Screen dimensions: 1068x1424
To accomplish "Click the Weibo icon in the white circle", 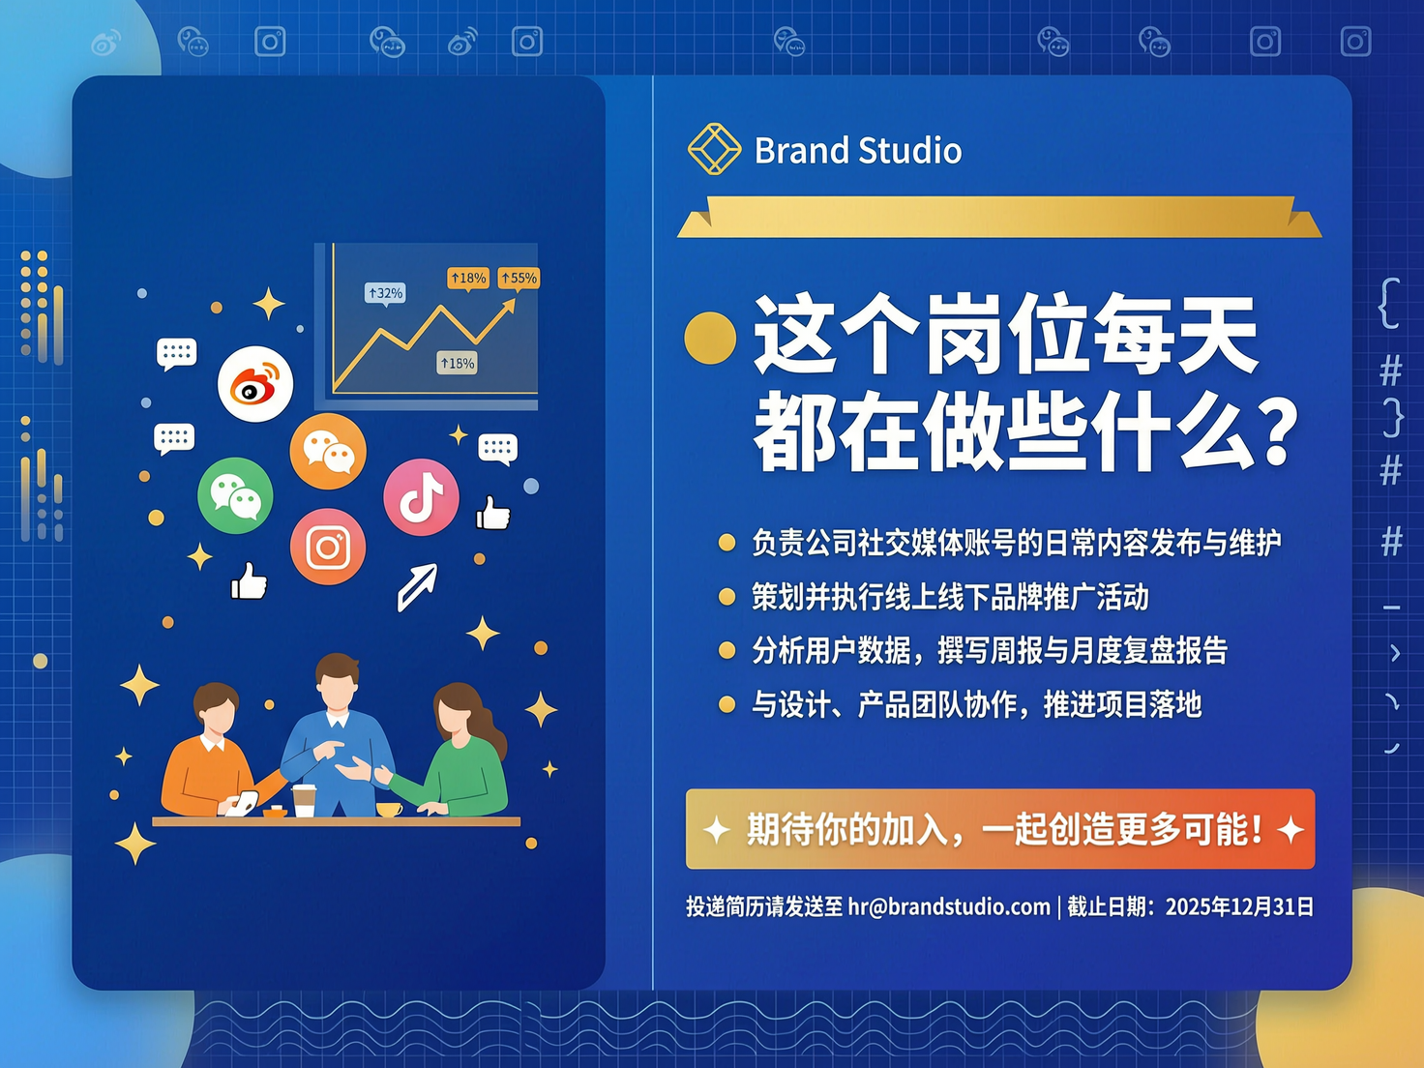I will click(255, 384).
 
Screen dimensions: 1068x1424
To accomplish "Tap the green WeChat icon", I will click(235, 496).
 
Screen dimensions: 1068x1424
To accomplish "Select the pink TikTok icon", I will click(421, 497).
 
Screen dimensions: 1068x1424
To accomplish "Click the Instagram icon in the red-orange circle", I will click(328, 548).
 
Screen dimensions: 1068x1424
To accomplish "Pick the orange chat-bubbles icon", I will click(328, 451).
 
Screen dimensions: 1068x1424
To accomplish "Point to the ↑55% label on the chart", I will click(519, 279).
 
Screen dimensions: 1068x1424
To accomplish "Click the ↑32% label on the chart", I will click(385, 292).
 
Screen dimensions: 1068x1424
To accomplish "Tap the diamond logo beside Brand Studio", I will click(714, 150).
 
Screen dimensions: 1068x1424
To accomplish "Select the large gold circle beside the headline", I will click(710, 338).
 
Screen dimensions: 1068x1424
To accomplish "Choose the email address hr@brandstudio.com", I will click(949, 907).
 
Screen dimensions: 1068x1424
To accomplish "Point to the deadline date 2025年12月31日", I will click(1239, 907).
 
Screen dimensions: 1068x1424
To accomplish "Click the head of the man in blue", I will click(337, 681).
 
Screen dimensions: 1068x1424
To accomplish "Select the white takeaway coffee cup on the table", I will click(305, 801).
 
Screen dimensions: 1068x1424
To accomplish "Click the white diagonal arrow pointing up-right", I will click(418, 586).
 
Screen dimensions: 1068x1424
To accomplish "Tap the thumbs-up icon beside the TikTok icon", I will click(493, 514).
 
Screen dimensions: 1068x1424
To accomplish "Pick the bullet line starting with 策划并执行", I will click(950, 598).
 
